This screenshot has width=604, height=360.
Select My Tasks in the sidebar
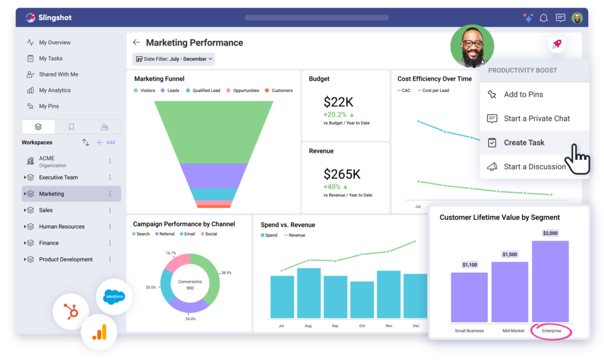click(x=50, y=58)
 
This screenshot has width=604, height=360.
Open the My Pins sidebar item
click(x=48, y=106)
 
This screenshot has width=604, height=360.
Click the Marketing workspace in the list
click(x=51, y=194)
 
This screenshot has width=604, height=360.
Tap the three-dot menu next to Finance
click(x=110, y=243)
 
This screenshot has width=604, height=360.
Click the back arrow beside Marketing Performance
click(x=136, y=42)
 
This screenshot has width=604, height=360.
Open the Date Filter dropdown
click(x=173, y=59)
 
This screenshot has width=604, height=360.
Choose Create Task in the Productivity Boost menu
click(x=524, y=143)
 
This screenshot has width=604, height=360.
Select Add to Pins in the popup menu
click(x=523, y=94)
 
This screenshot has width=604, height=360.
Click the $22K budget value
click(x=339, y=102)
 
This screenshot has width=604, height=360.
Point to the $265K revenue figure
click(x=342, y=174)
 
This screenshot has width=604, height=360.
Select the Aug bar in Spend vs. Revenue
click(x=308, y=293)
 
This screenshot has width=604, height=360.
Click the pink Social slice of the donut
click(x=178, y=263)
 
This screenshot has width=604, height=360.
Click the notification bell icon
click(x=543, y=18)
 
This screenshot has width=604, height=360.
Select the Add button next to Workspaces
click(x=106, y=142)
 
